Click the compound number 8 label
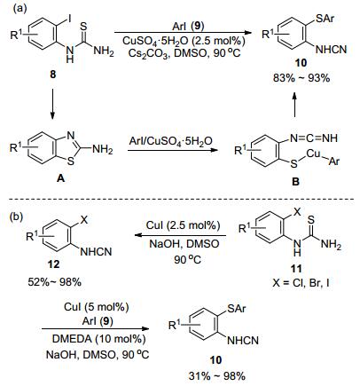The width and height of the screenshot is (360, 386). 52,75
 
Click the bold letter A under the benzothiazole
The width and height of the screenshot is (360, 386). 61,178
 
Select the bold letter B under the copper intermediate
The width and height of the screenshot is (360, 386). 295,181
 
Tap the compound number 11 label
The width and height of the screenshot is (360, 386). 296,268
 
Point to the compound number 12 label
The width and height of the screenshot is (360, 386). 53,264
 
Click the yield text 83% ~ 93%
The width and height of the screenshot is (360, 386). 301,78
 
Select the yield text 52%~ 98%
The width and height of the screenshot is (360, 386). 54,282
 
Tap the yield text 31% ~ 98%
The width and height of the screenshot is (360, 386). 217,375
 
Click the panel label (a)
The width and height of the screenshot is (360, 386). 20,8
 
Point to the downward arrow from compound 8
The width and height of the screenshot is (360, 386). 52,103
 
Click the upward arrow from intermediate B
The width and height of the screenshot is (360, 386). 294,105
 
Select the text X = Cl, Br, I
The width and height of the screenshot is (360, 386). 301,284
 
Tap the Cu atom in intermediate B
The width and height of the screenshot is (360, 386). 314,154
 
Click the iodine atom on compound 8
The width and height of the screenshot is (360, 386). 69,20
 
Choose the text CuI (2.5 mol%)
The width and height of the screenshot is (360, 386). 184,225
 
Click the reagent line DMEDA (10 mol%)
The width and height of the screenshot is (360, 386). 98,339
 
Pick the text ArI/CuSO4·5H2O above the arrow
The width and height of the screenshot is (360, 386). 171,142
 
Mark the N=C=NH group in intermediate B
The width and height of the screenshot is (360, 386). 313,138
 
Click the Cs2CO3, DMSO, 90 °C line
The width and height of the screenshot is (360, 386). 184,53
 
